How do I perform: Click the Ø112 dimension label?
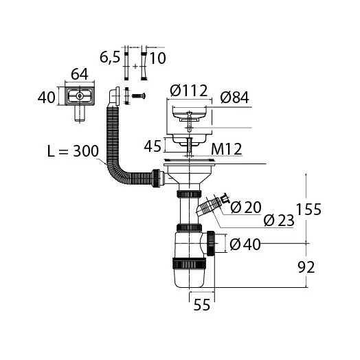(x=189, y=90)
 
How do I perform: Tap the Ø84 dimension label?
(x=234, y=98)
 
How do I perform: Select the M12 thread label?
(x=227, y=149)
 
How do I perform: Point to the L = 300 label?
(x=73, y=151)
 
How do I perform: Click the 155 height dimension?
(x=308, y=209)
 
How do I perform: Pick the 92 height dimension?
(x=306, y=267)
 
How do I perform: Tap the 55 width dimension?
(x=202, y=305)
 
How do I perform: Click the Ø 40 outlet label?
(x=245, y=244)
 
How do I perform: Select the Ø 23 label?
(x=279, y=221)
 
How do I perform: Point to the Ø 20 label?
(x=246, y=207)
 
